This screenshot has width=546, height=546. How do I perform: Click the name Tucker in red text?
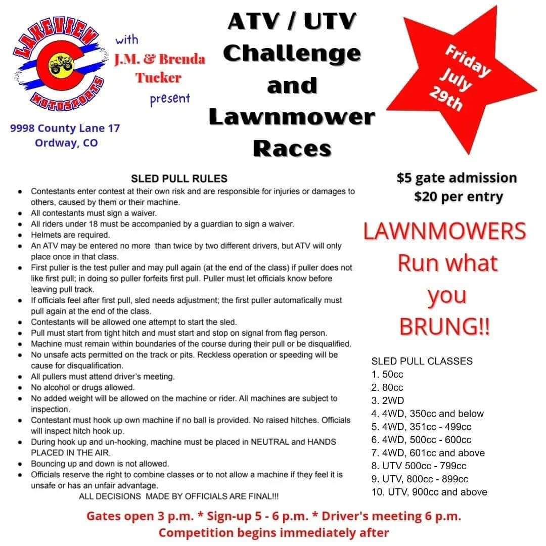coord(158,77)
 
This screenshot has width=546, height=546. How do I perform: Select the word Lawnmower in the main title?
coord(292,117)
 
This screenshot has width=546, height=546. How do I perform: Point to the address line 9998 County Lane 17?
coord(65,128)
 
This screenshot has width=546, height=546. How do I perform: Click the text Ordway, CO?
coord(66,143)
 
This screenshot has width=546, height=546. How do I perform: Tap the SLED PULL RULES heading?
coord(179,178)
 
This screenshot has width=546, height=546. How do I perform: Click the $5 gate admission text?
coord(457,178)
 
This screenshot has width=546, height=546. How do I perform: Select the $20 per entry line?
coord(458,196)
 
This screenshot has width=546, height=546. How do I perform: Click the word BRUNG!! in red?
coord(444,327)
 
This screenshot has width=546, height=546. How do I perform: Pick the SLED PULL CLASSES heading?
coord(422,361)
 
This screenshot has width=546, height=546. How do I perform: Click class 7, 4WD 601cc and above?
coord(428,453)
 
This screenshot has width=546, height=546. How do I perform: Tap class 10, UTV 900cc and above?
coord(429,492)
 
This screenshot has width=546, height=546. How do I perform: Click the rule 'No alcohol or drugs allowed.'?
coord(82,388)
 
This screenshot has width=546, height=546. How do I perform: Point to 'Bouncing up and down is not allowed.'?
coord(100,464)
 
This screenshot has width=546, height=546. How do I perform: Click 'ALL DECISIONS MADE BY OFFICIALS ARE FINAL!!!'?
coord(179,496)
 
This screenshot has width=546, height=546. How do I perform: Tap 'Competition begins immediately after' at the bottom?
coord(274,532)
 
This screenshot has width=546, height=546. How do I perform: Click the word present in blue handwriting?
coord(170,98)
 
